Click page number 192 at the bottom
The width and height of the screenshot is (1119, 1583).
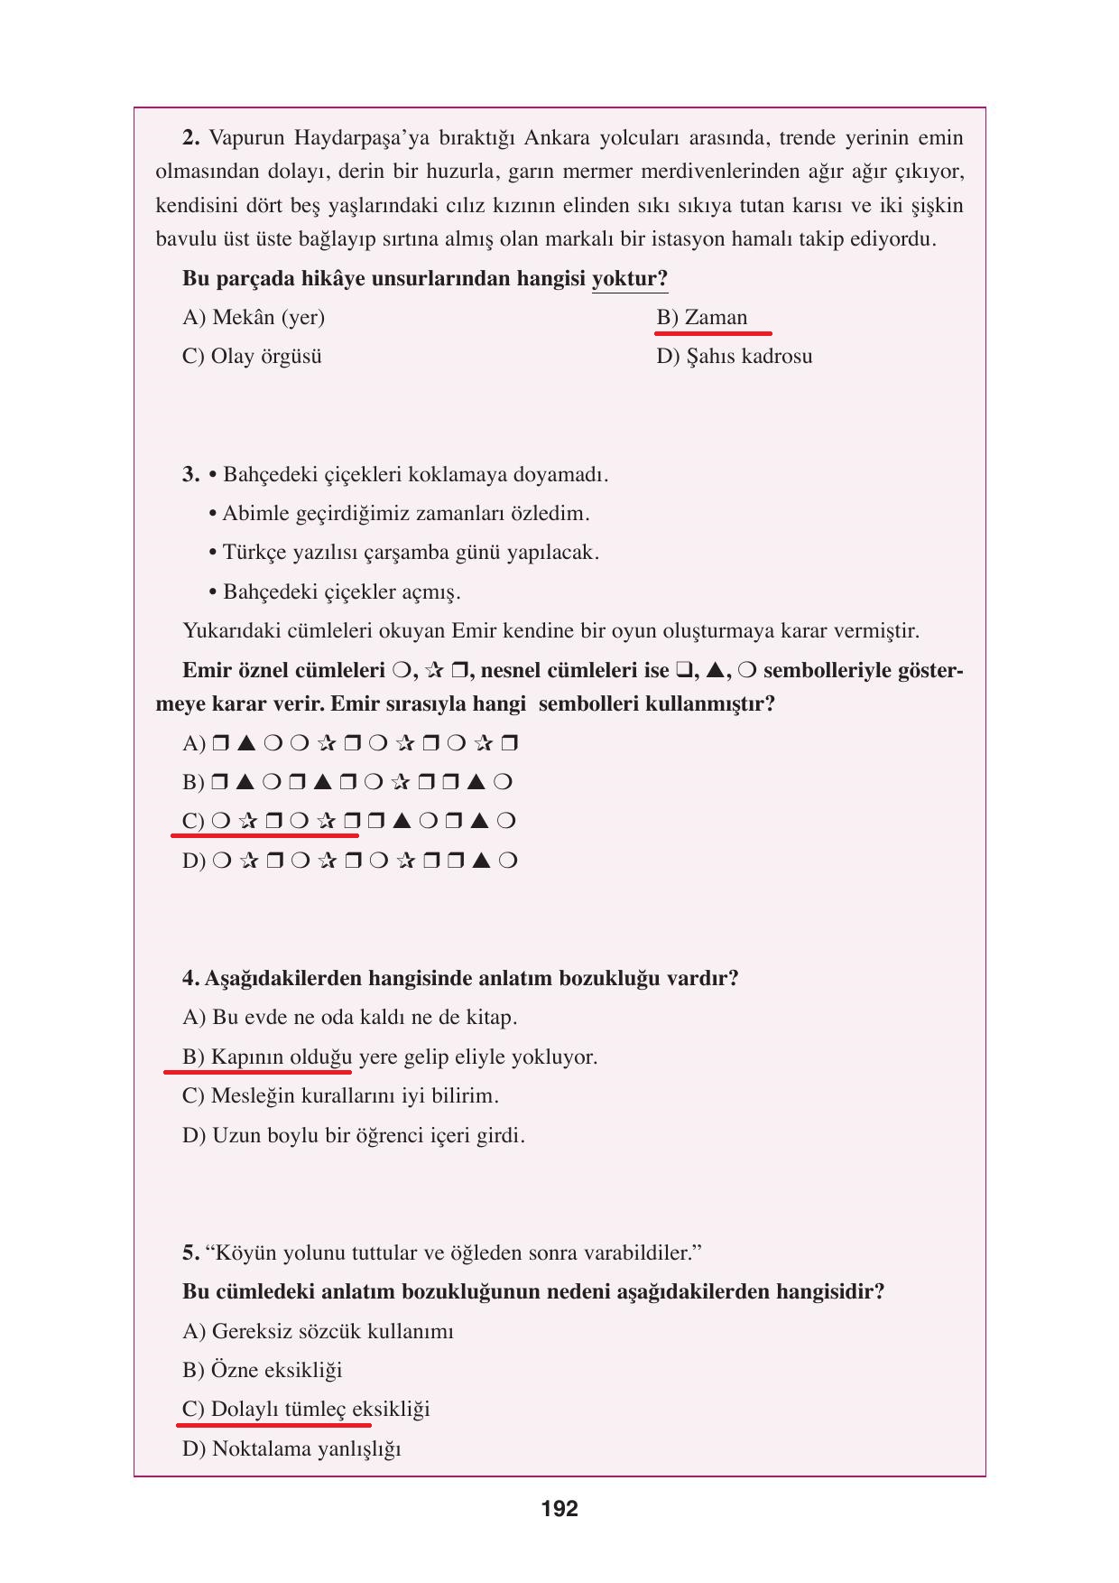coord(559,1509)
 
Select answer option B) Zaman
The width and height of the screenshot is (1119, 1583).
coord(702,318)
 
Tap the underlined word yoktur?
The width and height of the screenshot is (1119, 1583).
coord(629,278)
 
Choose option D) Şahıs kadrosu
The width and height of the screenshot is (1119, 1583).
coord(734,357)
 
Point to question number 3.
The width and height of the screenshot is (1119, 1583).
coord(190,475)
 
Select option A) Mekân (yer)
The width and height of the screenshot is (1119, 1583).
coord(254,318)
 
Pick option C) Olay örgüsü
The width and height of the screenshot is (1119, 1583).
coord(252,357)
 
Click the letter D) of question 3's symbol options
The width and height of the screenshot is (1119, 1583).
coord(193,861)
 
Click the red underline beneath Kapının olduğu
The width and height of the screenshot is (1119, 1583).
coord(257,1072)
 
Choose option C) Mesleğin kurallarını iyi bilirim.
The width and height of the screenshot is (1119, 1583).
coord(340,1096)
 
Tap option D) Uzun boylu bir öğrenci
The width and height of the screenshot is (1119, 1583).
coord(353,1136)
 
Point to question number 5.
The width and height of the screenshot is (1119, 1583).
coord(190,1253)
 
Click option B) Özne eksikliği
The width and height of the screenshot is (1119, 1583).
coord(262,1371)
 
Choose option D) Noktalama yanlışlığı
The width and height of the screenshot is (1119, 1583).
coord(291,1449)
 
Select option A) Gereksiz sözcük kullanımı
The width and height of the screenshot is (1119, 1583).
coord(318,1332)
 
